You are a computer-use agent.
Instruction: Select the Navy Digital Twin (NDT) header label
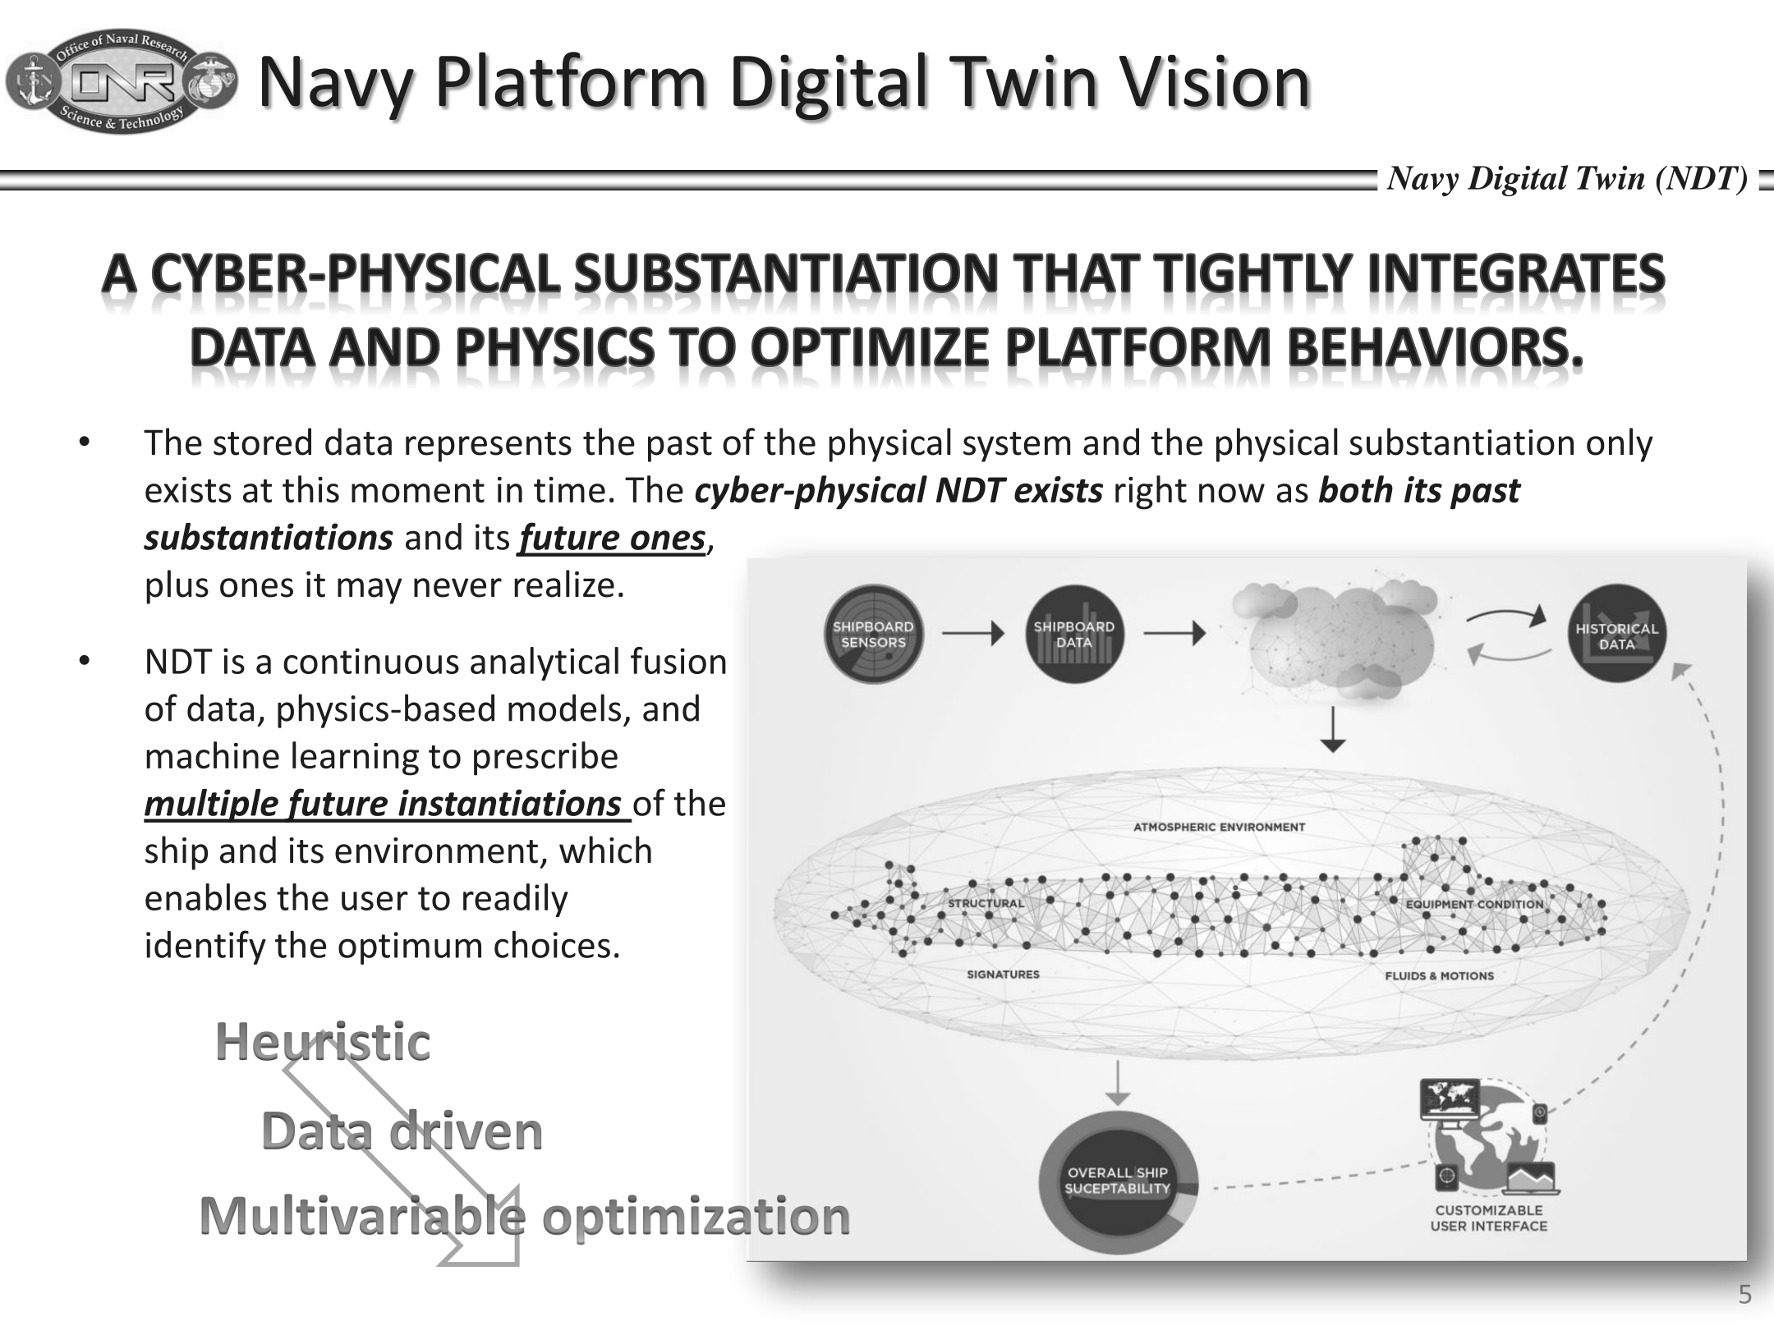(1567, 178)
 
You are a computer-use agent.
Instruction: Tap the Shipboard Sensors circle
(873, 635)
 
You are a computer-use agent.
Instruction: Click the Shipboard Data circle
(1074, 635)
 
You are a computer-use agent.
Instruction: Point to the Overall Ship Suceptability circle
(1118, 1181)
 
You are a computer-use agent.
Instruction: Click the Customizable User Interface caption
(1489, 1218)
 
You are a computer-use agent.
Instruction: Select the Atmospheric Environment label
(1219, 827)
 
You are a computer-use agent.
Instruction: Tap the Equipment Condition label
(1475, 904)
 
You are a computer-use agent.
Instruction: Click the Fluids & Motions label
(1440, 975)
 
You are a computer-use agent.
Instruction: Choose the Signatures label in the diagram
(1003, 974)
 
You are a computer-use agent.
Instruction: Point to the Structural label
(986, 903)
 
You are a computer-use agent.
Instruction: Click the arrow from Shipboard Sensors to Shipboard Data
(973, 634)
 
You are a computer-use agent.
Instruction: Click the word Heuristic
(323, 1041)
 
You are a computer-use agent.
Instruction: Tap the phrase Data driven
(402, 1130)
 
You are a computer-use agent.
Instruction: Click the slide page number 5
(1744, 1295)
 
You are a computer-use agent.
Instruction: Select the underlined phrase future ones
(613, 538)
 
